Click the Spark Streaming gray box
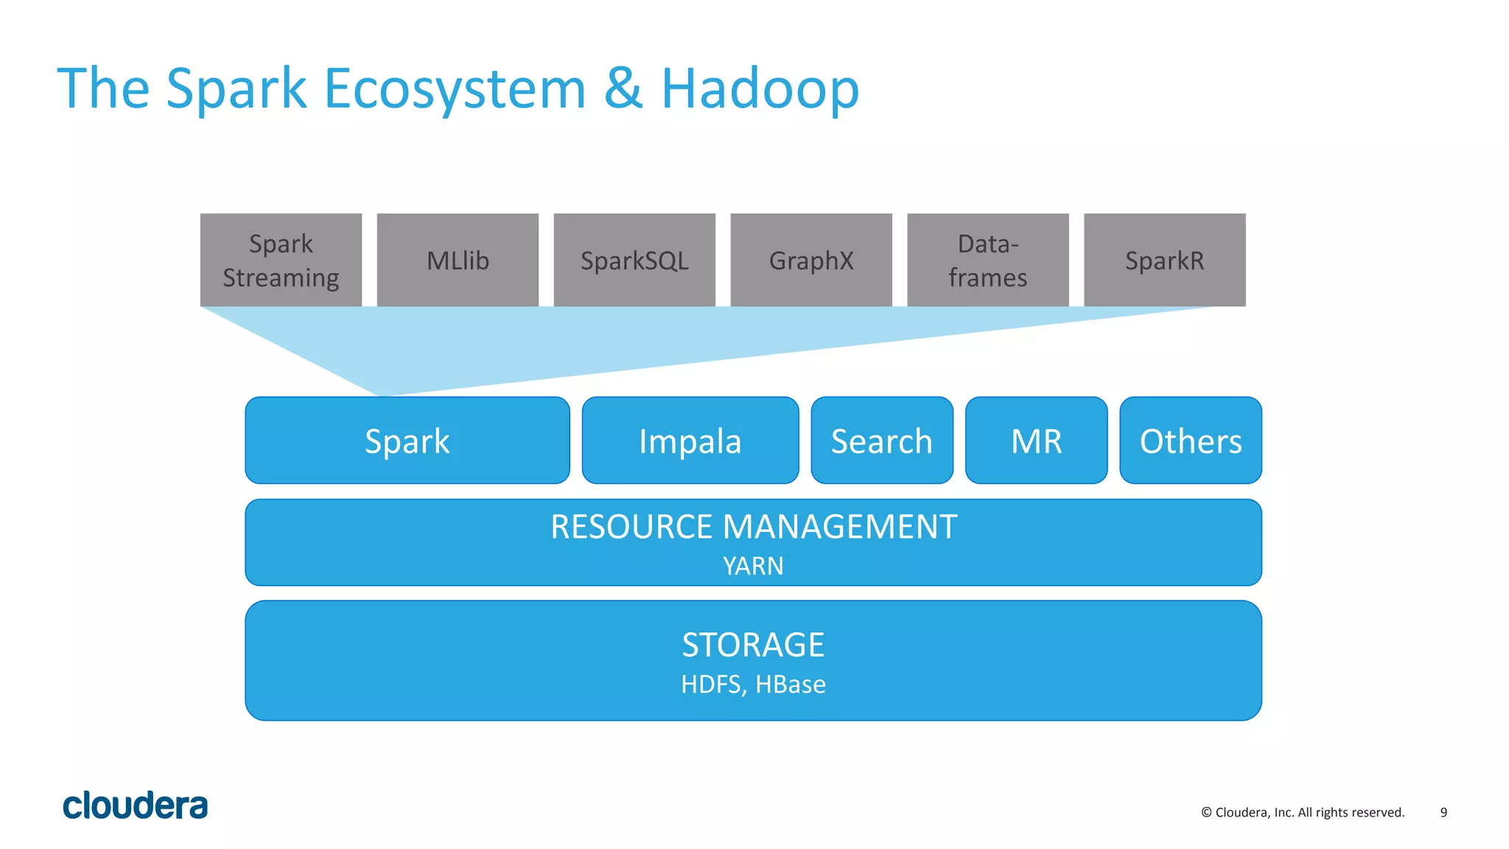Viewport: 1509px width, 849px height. click(281, 260)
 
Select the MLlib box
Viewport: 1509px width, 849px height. click(458, 260)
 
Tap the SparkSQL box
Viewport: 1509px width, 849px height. click(634, 260)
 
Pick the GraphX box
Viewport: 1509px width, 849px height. click(811, 260)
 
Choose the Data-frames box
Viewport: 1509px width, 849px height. click(987, 260)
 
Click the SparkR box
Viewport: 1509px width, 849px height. click(1164, 260)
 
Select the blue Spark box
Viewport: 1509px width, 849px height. click(407, 441)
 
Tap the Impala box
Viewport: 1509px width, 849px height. click(690, 441)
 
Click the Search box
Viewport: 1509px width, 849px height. click(882, 441)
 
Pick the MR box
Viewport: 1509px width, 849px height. click(1036, 441)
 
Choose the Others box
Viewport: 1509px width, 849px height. click(1191, 441)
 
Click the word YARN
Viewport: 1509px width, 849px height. click(753, 566)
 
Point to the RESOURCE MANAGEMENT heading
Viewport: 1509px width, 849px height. click(753, 527)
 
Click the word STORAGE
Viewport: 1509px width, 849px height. click(753, 645)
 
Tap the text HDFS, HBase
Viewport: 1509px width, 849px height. click(753, 684)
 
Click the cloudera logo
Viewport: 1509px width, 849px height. click(135, 806)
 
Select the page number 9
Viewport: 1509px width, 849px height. click(1443, 812)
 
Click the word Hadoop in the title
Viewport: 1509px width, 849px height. click(760, 88)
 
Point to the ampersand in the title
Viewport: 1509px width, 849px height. click(623, 88)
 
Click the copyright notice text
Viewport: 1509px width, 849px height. click(1303, 812)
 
